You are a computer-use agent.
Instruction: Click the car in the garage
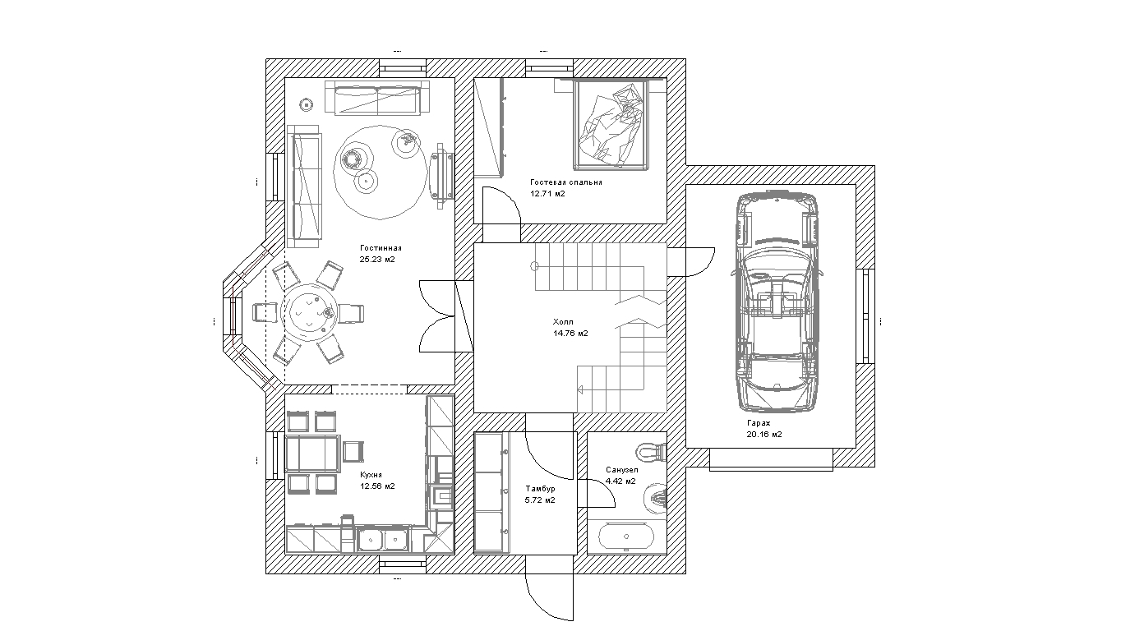coord(777,302)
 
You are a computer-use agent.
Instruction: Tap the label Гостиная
coord(381,247)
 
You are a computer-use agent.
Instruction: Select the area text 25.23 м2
coord(377,259)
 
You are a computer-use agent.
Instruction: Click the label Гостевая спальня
coord(566,182)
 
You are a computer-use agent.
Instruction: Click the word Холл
coord(563,322)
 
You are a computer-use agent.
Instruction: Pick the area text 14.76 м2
coord(570,334)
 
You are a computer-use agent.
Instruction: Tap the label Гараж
coord(759,423)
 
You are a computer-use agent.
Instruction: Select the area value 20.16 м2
coord(764,435)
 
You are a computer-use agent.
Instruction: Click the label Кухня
coord(371,474)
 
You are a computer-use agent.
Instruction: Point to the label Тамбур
coord(541,488)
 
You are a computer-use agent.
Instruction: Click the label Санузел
coord(621,470)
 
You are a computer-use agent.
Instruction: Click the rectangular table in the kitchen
coord(312,454)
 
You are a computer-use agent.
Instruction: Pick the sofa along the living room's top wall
coord(377,98)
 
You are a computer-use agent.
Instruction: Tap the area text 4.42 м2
coord(620,481)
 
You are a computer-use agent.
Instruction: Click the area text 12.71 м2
coord(547,194)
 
